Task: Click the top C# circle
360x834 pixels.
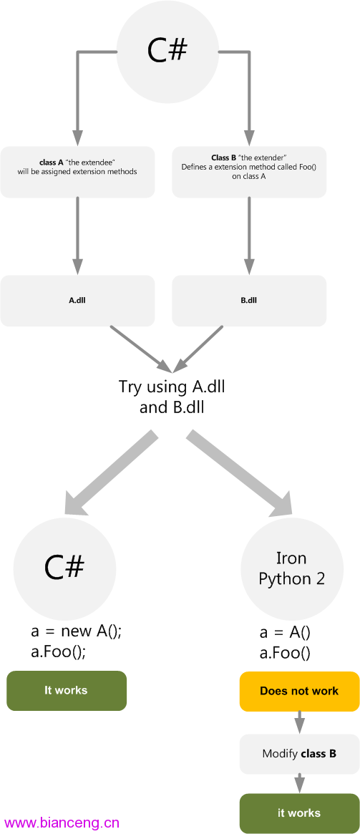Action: coord(167,51)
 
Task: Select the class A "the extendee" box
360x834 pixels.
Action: coord(77,173)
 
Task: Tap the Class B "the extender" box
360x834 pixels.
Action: coord(249,173)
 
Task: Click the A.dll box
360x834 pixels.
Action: coord(77,301)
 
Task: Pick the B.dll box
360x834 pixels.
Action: coord(249,301)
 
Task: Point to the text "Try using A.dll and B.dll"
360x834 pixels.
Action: coord(172,397)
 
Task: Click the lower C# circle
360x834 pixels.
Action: coord(64,568)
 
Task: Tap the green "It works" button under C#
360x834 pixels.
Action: coord(67,691)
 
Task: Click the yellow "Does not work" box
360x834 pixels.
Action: coord(299,692)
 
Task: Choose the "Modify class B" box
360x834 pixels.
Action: coord(299,754)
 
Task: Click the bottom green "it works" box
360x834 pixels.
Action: coord(299,813)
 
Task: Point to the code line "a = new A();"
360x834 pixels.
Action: coord(76,632)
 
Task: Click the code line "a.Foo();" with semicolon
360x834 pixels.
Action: coord(58,652)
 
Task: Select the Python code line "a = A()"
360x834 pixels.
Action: coord(285,632)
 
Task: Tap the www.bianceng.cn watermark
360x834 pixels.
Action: coord(62,823)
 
